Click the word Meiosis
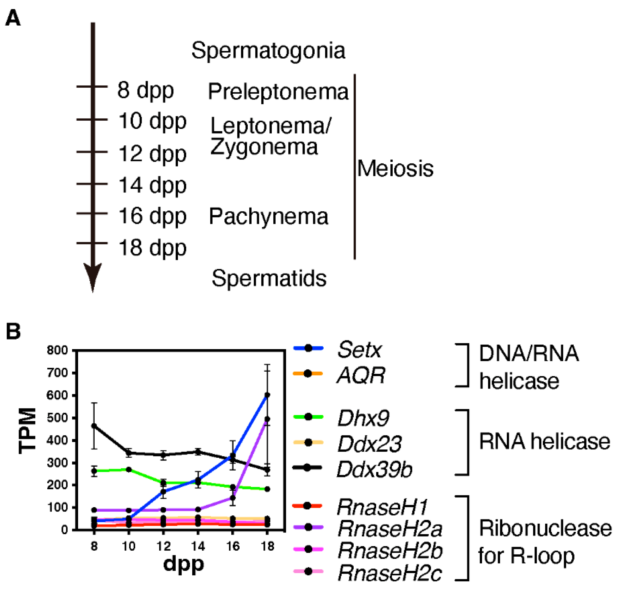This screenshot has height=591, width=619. click(395, 168)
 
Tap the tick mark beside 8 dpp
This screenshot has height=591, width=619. click(92, 86)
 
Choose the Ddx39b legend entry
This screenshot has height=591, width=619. click(374, 469)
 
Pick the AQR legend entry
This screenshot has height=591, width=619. click(361, 375)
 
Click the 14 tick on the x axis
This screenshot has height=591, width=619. click(198, 546)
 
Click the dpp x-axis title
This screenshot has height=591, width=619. click(184, 564)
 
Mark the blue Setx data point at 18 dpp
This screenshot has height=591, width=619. click(267, 395)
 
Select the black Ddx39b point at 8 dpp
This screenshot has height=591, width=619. click(94, 426)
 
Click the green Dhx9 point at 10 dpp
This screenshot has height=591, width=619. click(129, 470)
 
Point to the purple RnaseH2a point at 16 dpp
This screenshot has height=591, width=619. click(233, 498)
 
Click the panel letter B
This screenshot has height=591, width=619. click(13, 332)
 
